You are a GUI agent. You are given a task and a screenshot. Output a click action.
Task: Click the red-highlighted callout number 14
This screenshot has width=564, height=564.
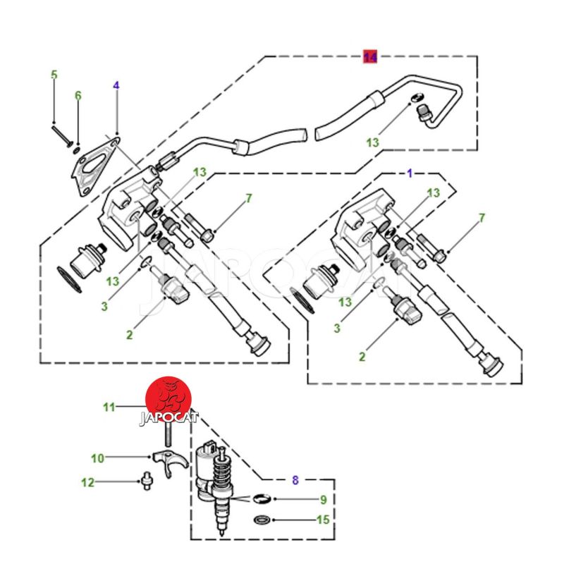click(371, 56)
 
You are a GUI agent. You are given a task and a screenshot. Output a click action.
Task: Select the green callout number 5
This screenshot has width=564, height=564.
click(54, 75)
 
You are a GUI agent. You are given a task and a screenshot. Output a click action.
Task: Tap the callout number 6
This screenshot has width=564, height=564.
click(78, 95)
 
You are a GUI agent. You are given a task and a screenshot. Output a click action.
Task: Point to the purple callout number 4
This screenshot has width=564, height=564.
click(116, 85)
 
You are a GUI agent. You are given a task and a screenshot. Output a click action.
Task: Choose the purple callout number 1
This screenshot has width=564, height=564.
click(410, 172)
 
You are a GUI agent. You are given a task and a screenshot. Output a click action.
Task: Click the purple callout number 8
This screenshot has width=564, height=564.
click(295, 480)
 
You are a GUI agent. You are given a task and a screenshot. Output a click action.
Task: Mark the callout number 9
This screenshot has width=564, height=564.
click(323, 501)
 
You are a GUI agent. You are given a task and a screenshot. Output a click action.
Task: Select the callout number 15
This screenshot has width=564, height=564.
click(323, 520)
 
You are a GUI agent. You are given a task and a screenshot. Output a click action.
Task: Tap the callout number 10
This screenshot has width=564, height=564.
click(97, 458)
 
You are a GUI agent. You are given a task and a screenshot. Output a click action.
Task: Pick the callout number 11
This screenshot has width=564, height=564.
click(108, 407)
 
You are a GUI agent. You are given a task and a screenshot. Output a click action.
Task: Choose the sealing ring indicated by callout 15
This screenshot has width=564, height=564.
click(261, 521)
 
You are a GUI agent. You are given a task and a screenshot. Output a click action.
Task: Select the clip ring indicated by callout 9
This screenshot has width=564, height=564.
click(261, 499)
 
